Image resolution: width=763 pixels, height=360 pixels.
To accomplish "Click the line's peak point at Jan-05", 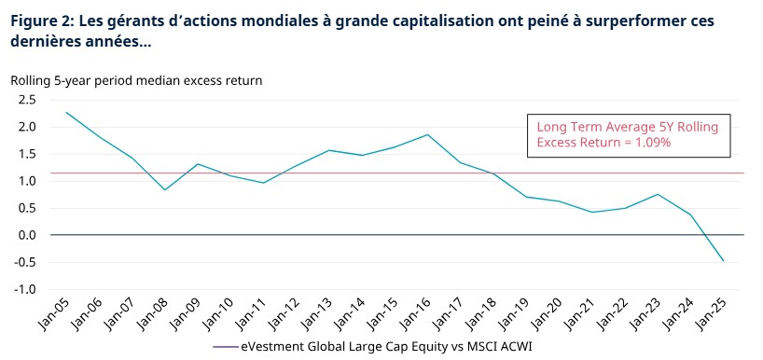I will coord(66,112).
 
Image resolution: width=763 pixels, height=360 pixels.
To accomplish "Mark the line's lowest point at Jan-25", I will coord(723,261).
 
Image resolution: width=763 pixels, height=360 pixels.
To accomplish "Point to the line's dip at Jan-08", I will coord(165,190).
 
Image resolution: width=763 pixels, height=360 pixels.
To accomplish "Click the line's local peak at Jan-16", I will coord(427,134).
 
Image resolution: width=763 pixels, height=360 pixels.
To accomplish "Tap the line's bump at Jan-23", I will coord(658,194).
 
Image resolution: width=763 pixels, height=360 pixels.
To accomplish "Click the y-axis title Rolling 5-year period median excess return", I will coord(136,80).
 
